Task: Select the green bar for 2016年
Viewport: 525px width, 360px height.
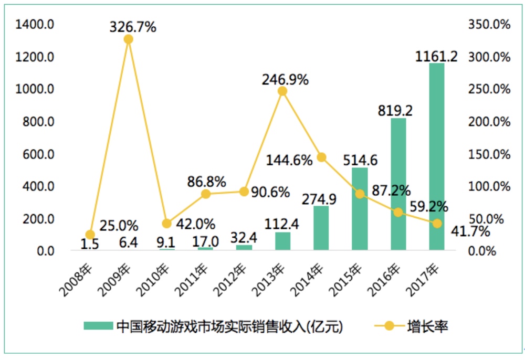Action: click(x=398, y=184)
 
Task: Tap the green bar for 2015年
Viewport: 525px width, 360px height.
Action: click(x=360, y=209)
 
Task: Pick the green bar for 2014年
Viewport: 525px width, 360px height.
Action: click(x=321, y=228)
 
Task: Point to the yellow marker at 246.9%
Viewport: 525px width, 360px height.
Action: click(x=282, y=91)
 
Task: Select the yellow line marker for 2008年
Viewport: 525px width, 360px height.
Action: click(x=90, y=235)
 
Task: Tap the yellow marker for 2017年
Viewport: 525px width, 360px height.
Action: click(x=436, y=224)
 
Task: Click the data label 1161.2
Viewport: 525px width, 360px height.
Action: click(x=436, y=56)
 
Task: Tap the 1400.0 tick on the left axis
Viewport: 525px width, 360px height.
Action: click(x=35, y=24)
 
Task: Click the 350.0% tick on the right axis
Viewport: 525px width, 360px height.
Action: click(x=489, y=24)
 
